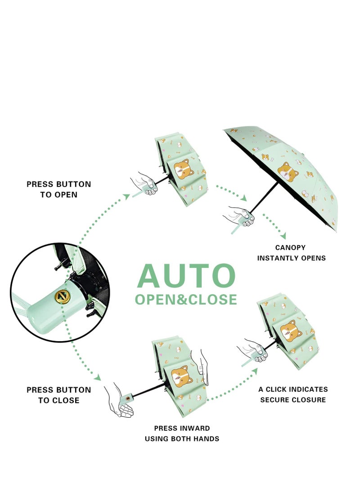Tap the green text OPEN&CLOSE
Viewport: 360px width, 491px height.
click(186, 299)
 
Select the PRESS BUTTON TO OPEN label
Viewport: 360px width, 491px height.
click(58, 189)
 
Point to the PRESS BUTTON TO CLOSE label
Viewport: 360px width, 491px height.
click(58, 395)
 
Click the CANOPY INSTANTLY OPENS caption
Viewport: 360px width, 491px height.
click(291, 252)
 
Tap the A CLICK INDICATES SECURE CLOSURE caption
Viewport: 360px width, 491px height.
click(293, 394)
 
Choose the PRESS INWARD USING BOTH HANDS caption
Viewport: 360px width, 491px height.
click(182, 433)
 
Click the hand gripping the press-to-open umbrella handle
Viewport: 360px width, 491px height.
click(145, 185)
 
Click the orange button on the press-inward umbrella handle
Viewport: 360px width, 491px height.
click(131, 397)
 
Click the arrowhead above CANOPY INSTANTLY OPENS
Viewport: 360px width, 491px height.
click(282, 236)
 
